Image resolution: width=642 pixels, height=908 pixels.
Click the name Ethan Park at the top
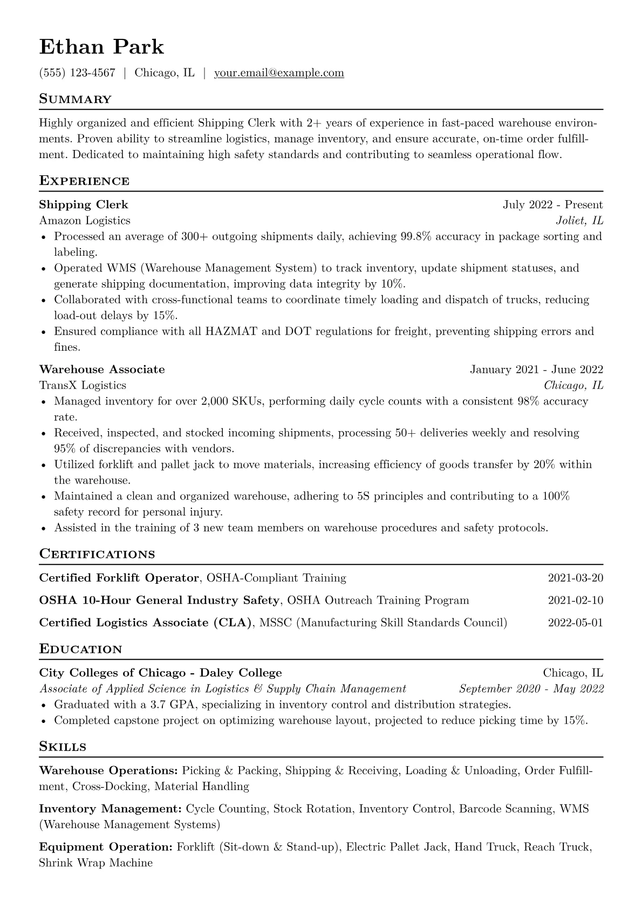tap(101, 47)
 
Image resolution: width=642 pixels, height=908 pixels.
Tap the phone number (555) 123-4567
tap(77, 73)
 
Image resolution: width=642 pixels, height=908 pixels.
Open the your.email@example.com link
tap(279, 73)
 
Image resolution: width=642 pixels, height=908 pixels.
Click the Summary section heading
tap(76, 99)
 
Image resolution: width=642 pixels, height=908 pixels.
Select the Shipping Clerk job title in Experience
tap(84, 204)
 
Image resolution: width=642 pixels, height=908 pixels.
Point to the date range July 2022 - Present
tap(552, 204)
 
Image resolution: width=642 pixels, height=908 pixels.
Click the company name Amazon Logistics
tap(85, 221)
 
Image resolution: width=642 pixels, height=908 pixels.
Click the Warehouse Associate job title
tap(102, 370)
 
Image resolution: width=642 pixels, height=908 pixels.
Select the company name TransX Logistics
tap(83, 385)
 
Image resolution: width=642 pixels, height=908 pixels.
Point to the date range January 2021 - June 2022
tap(536, 370)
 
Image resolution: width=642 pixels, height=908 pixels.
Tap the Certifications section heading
tap(97, 554)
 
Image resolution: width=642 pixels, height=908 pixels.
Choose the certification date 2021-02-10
tap(575, 600)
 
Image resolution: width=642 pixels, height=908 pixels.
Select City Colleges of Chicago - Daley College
tap(160, 673)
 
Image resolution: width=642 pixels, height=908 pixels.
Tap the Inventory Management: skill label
tap(110, 809)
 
